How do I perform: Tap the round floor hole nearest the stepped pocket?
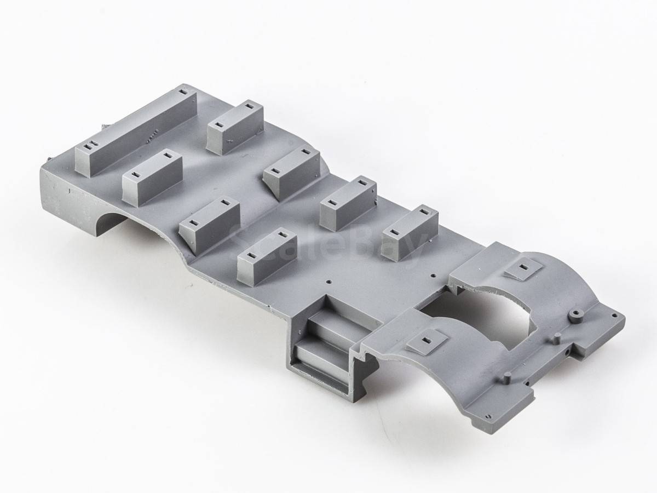[x=329, y=282]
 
